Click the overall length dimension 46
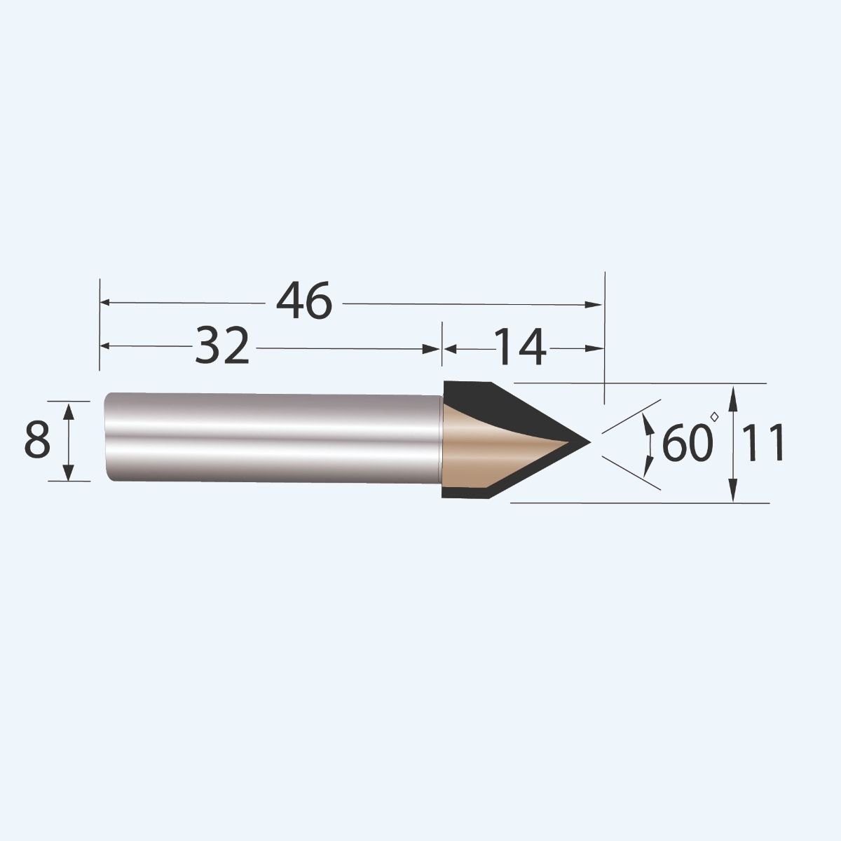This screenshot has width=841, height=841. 303,302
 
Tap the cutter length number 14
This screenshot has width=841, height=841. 519,348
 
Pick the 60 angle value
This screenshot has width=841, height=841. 685,444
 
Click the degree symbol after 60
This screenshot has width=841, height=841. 714,417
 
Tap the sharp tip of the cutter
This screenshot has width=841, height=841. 589,442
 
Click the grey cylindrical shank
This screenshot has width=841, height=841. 273,438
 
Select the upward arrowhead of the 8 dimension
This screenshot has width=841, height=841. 69,409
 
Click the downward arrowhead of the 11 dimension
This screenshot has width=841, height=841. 733,493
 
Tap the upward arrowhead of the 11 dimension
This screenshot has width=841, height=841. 733,394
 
